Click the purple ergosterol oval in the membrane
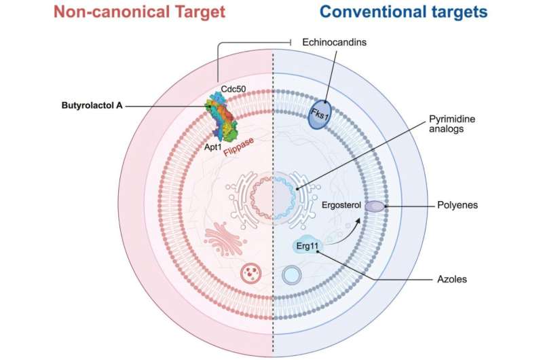coord(374,206)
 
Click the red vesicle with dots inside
coord(250,274)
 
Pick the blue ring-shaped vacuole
coord(292,275)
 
